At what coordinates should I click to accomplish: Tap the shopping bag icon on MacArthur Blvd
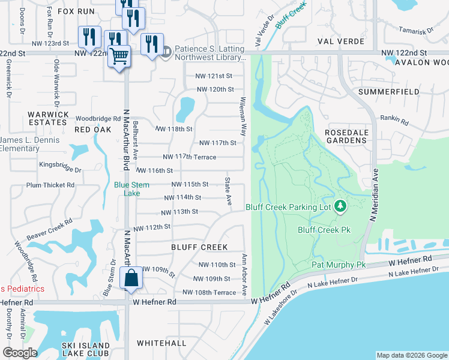131,278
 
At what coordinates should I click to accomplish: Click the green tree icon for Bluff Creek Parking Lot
340,207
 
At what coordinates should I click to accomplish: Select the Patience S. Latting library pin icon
166,53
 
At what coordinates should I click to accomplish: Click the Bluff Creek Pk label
324,230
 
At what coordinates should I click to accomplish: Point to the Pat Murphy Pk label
338,265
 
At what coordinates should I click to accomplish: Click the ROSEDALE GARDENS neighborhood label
345,136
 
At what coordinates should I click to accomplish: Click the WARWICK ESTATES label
47,118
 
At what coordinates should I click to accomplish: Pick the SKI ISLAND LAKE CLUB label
86,350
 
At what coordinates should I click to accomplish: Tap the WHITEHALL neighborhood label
161,343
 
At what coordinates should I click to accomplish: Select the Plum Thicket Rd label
50,185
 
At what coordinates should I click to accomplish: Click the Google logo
20,353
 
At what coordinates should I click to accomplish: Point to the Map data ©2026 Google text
411,355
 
